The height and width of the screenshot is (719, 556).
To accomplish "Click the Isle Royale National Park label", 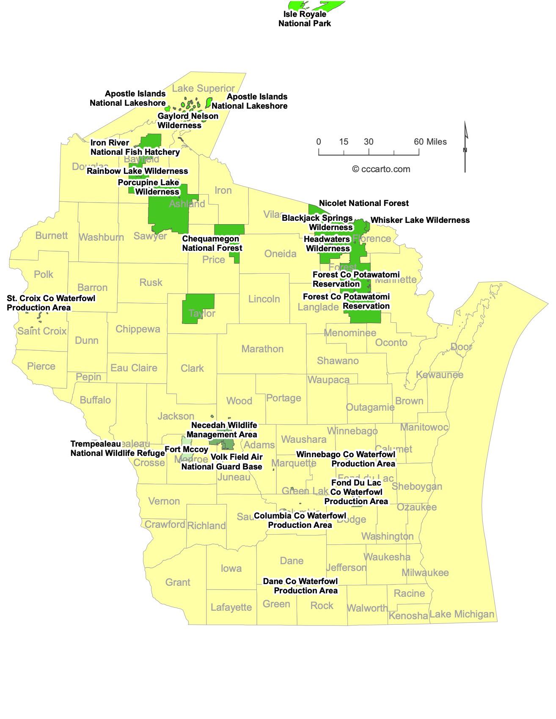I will pyautogui.click(x=305, y=19).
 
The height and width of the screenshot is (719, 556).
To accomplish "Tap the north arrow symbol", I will pyautogui.click(x=465, y=147).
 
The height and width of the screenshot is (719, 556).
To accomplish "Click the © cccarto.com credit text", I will pyautogui.click(x=381, y=169).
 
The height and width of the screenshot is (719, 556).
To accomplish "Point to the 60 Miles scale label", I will pyautogui.click(x=430, y=142).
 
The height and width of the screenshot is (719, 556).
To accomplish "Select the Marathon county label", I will pyautogui.click(x=262, y=349).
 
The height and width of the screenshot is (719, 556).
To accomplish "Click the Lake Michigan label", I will pyautogui.click(x=462, y=614).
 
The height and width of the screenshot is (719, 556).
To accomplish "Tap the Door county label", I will pyautogui.click(x=461, y=347).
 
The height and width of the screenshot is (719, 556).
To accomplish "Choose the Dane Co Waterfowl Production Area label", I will pyautogui.click(x=300, y=586).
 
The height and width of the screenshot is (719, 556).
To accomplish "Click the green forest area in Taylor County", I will pyautogui.click(x=198, y=309).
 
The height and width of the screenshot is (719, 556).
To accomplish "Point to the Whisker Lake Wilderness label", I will pyautogui.click(x=420, y=220).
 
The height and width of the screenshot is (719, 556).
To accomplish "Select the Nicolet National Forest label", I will pyautogui.click(x=364, y=203).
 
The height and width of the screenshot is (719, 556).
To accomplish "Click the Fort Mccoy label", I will pyautogui.click(x=187, y=449).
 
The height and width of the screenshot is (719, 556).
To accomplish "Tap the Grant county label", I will pyautogui.click(x=178, y=582).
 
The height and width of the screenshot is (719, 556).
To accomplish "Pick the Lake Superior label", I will pyautogui.click(x=203, y=88).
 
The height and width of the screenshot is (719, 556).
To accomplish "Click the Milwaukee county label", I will pyautogui.click(x=425, y=573).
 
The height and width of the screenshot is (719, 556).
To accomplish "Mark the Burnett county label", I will pyautogui.click(x=52, y=236).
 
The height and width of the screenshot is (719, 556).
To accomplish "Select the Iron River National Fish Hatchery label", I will pyautogui.click(x=135, y=147).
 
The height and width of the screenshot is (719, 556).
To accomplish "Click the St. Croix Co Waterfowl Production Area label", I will pyautogui.click(x=51, y=303).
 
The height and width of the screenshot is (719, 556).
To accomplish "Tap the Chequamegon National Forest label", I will pyautogui.click(x=212, y=243).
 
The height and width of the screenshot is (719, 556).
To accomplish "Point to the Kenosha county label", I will pyautogui.click(x=408, y=615).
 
